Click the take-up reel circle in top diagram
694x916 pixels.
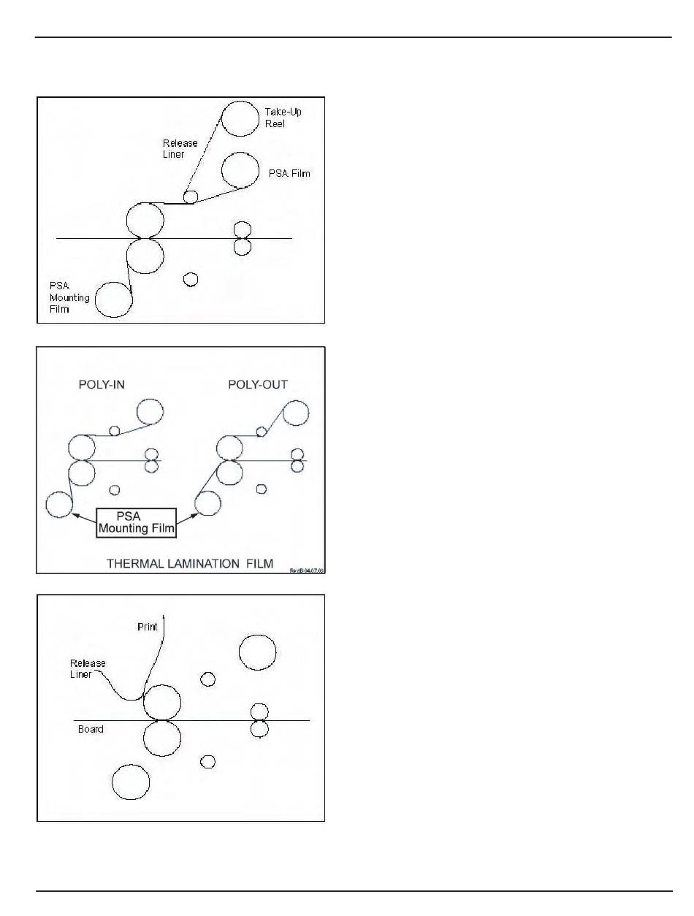point(240,118)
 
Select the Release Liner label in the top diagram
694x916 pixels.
point(180,149)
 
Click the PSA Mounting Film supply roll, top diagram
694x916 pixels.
point(115,299)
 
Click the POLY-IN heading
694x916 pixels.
point(102,385)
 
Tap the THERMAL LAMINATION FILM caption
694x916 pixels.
point(190,563)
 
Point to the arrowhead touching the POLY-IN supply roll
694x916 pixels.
point(74,514)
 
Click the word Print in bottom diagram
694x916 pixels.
point(148,627)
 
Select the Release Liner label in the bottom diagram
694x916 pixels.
point(88,668)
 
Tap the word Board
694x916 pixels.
point(91,729)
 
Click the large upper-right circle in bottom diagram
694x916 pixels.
point(257,652)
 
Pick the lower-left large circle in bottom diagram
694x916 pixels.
point(131,782)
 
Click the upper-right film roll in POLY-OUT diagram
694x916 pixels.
point(295,413)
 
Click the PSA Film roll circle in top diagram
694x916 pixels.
point(240,169)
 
